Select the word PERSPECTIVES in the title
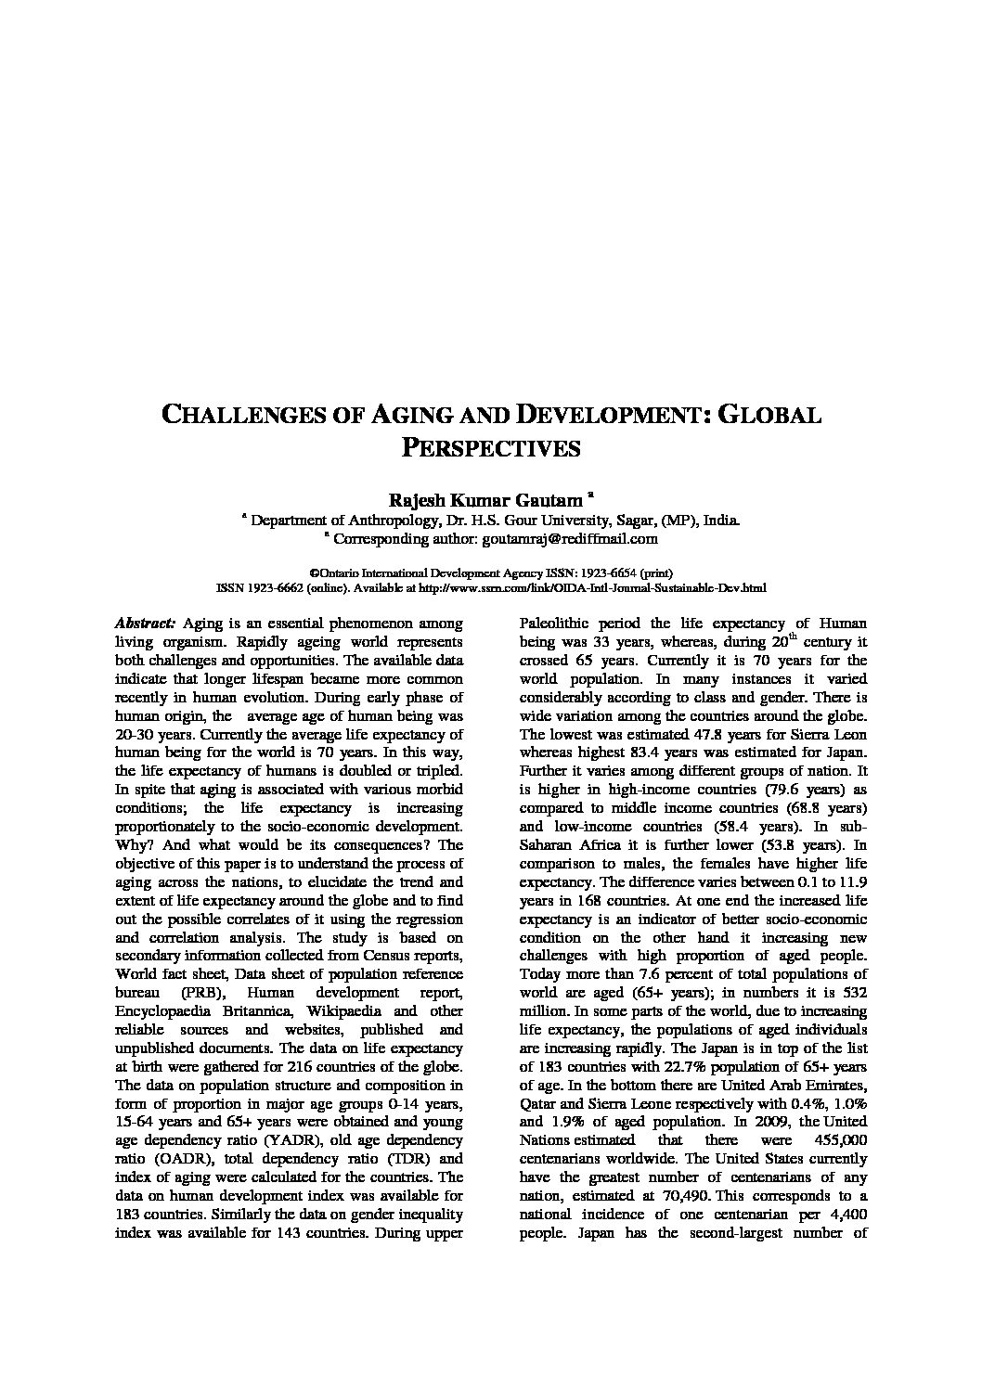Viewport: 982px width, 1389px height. click(490, 448)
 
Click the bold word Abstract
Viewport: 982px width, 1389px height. click(146, 624)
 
